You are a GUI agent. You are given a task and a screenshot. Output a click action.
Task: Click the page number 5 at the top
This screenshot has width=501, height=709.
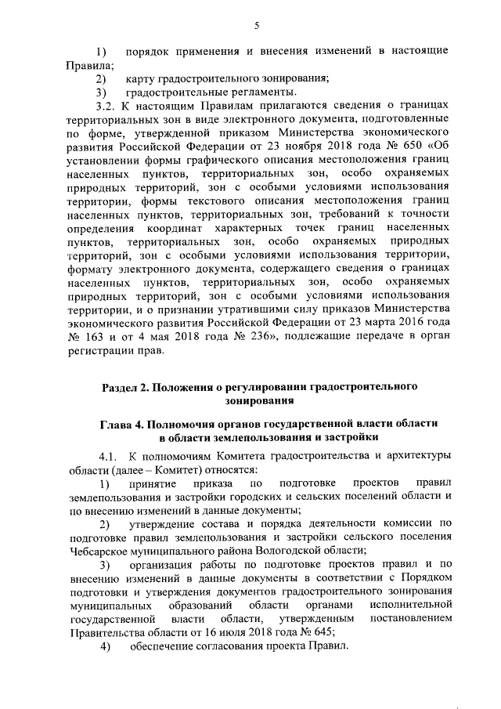256,25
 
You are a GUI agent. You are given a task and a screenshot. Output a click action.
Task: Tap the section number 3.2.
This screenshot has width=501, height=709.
105,104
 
